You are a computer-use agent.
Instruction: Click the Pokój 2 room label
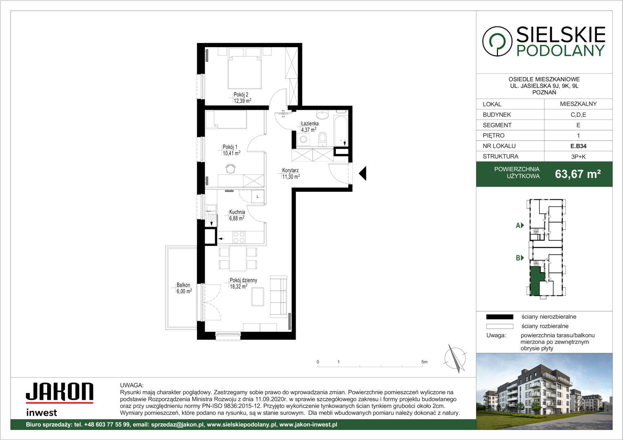(241, 95)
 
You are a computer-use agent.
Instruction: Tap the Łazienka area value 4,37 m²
(309, 130)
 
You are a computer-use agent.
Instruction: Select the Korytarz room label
(290, 170)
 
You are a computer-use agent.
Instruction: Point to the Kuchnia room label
(237, 212)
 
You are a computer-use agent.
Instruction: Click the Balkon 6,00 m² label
(184, 288)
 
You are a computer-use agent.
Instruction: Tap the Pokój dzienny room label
(243, 280)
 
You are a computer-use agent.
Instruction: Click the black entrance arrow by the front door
(362, 174)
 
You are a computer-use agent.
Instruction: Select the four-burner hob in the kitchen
(239, 238)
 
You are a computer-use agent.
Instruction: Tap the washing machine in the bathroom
(304, 139)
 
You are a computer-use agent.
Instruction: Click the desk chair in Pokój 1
(230, 168)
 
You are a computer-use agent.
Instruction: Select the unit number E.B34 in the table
(578, 146)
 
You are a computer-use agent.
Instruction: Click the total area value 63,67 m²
(578, 174)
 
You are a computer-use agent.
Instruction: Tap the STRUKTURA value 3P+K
(578, 156)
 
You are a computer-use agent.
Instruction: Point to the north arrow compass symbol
(455, 359)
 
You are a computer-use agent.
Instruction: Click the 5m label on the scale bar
(424, 362)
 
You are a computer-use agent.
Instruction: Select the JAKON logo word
(60, 392)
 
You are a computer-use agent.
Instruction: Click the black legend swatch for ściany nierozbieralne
(499, 317)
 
